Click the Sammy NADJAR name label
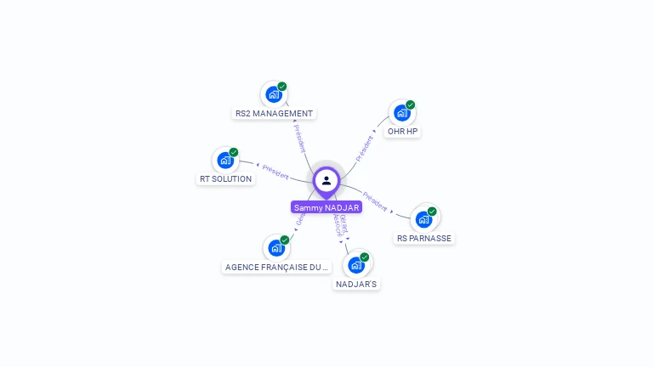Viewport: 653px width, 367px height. (x=326, y=207)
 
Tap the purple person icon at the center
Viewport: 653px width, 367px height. (x=326, y=180)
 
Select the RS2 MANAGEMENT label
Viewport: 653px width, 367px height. (x=274, y=113)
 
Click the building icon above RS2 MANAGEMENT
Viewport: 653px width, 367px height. (x=274, y=94)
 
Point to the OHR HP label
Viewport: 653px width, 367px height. (x=402, y=132)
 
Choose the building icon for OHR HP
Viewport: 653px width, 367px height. (x=402, y=113)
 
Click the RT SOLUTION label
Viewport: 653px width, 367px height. (x=225, y=178)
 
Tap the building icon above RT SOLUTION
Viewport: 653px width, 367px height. (x=225, y=160)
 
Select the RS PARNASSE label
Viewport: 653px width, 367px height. (x=423, y=238)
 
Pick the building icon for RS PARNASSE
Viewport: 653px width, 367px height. (x=423, y=219)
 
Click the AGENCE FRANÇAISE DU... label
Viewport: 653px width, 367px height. (x=276, y=267)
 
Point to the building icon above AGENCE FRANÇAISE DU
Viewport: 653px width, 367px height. (x=276, y=248)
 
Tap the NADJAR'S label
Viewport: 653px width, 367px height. (x=356, y=284)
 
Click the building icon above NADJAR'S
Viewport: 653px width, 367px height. (x=356, y=265)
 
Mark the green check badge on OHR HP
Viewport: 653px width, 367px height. (x=411, y=105)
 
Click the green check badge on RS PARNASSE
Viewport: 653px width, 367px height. (x=432, y=212)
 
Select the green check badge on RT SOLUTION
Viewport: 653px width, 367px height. (x=234, y=152)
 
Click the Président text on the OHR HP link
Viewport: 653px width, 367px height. (x=366, y=148)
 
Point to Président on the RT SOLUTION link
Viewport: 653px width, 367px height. (x=275, y=170)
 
